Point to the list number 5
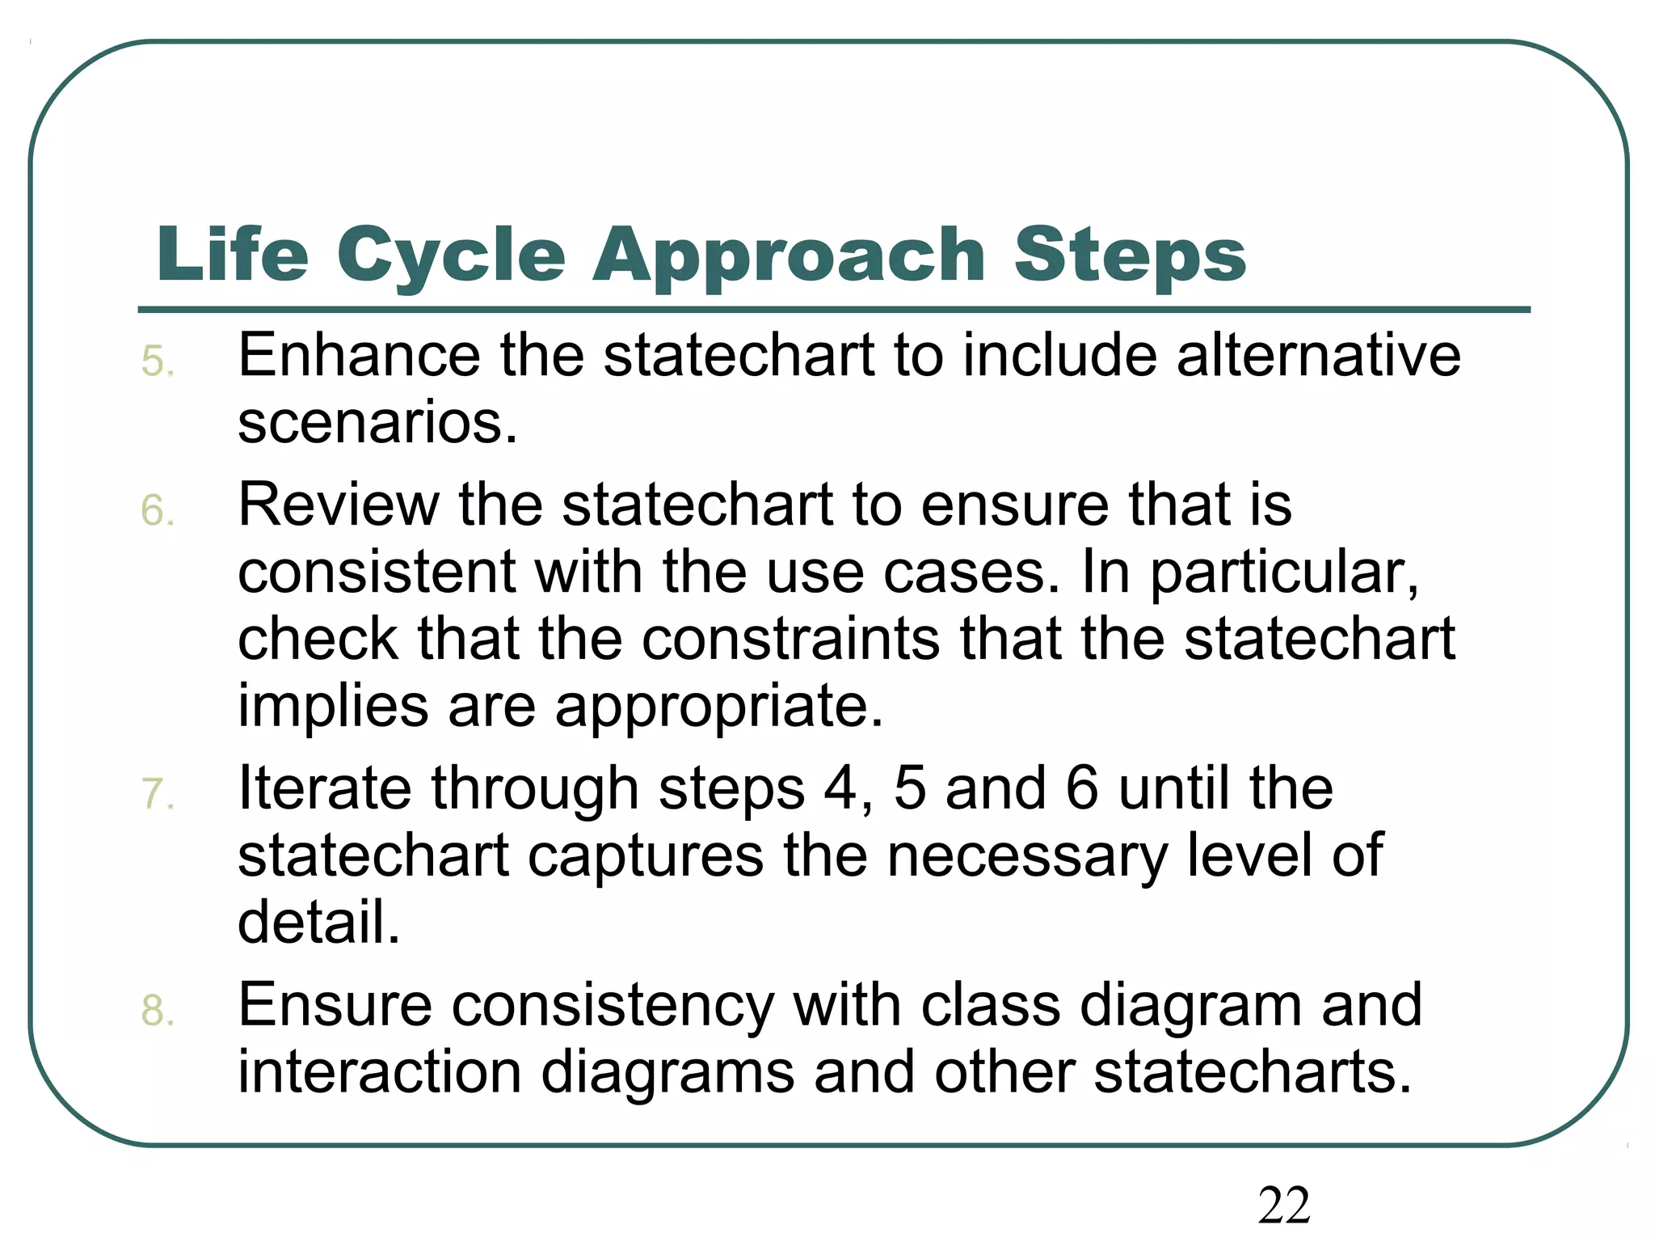click(x=157, y=361)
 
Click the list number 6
click(x=157, y=511)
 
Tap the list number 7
click(x=157, y=794)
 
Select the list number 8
click(x=157, y=1011)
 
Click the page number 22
click(x=1283, y=1206)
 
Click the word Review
click(x=338, y=505)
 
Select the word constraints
click(x=790, y=639)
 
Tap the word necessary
click(x=1026, y=855)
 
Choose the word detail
click(x=319, y=922)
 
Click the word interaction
click(x=380, y=1072)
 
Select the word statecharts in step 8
click(x=1252, y=1072)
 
